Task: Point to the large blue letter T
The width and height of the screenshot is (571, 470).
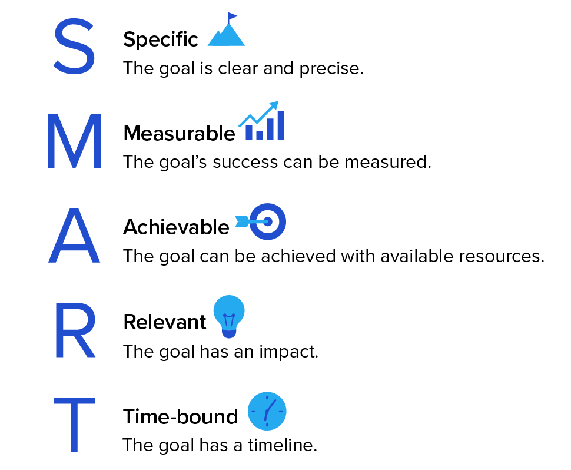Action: tap(74, 425)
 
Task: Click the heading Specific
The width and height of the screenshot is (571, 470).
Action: tap(161, 39)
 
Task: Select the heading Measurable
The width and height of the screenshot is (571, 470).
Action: tap(179, 133)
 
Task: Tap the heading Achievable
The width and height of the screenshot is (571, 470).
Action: tap(176, 227)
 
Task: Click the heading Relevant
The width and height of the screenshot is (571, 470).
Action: tap(165, 322)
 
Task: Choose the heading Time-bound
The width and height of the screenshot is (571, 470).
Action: tap(181, 416)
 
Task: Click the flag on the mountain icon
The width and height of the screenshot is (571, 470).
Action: tap(232, 16)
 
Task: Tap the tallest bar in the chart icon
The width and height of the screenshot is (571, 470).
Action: tap(280, 125)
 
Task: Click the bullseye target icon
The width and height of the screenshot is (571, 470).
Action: tap(268, 221)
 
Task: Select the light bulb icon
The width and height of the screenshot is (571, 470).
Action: tap(229, 316)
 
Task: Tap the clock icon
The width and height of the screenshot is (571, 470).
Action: tap(267, 411)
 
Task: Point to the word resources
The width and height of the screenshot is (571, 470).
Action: tap(502, 256)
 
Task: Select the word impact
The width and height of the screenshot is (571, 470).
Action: tap(288, 352)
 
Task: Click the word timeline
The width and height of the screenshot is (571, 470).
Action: tap(282, 445)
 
